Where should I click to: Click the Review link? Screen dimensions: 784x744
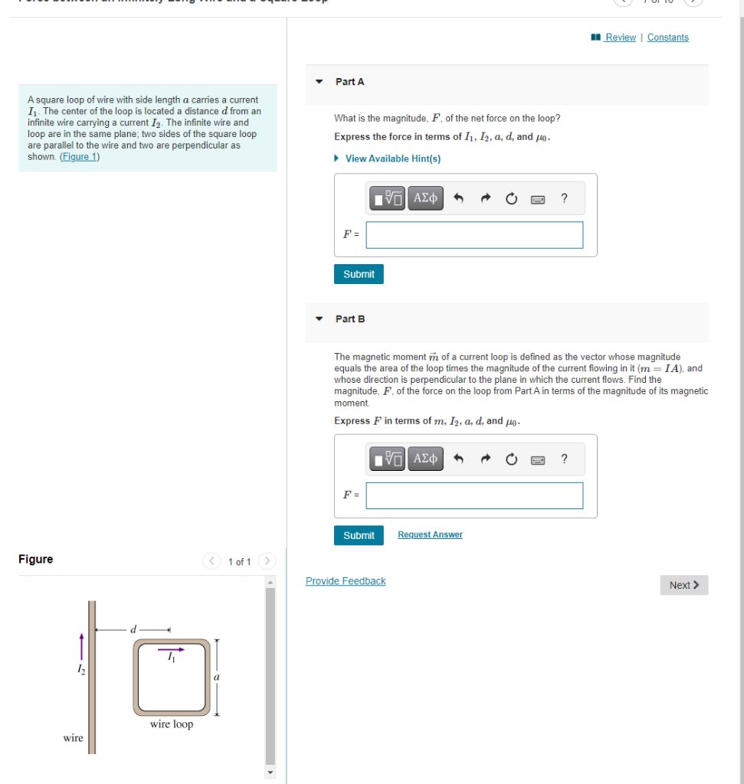[x=620, y=38]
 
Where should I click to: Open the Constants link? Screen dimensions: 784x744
[x=667, y=38]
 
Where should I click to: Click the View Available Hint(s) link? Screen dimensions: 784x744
[x=392, y=158]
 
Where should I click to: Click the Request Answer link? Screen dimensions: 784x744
[x=430, y=534]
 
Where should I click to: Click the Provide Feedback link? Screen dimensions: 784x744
[x=346, y=581]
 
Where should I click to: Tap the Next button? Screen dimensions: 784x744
[x=683, y=585]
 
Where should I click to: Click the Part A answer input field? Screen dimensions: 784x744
[x=474, y=235]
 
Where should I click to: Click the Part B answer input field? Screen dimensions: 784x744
[x=474, y=495]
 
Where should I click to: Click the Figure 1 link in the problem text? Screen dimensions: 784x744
[x=80, y=157]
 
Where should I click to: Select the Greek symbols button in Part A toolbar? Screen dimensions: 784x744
[x=425, y=198]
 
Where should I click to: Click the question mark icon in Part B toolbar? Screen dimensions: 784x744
[x=564, y=459]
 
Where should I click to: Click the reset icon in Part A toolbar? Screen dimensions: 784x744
[x=511, y=199]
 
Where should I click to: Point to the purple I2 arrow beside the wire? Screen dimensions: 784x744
[x=81, y=645]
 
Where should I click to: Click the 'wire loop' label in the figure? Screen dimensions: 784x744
[x=172, y=724]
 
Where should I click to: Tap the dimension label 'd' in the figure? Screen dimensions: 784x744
[x=133, y=629]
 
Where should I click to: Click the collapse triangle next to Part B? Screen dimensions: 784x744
[x=319, y=318]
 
